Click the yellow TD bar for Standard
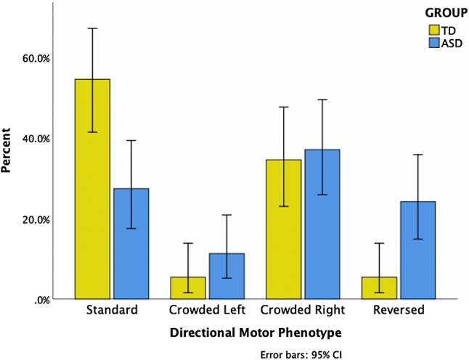pos(92,189)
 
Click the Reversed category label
pos(398,311)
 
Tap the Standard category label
pos(111,311)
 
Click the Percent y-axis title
pos(9,151)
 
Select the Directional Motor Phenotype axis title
pos(255,332)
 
